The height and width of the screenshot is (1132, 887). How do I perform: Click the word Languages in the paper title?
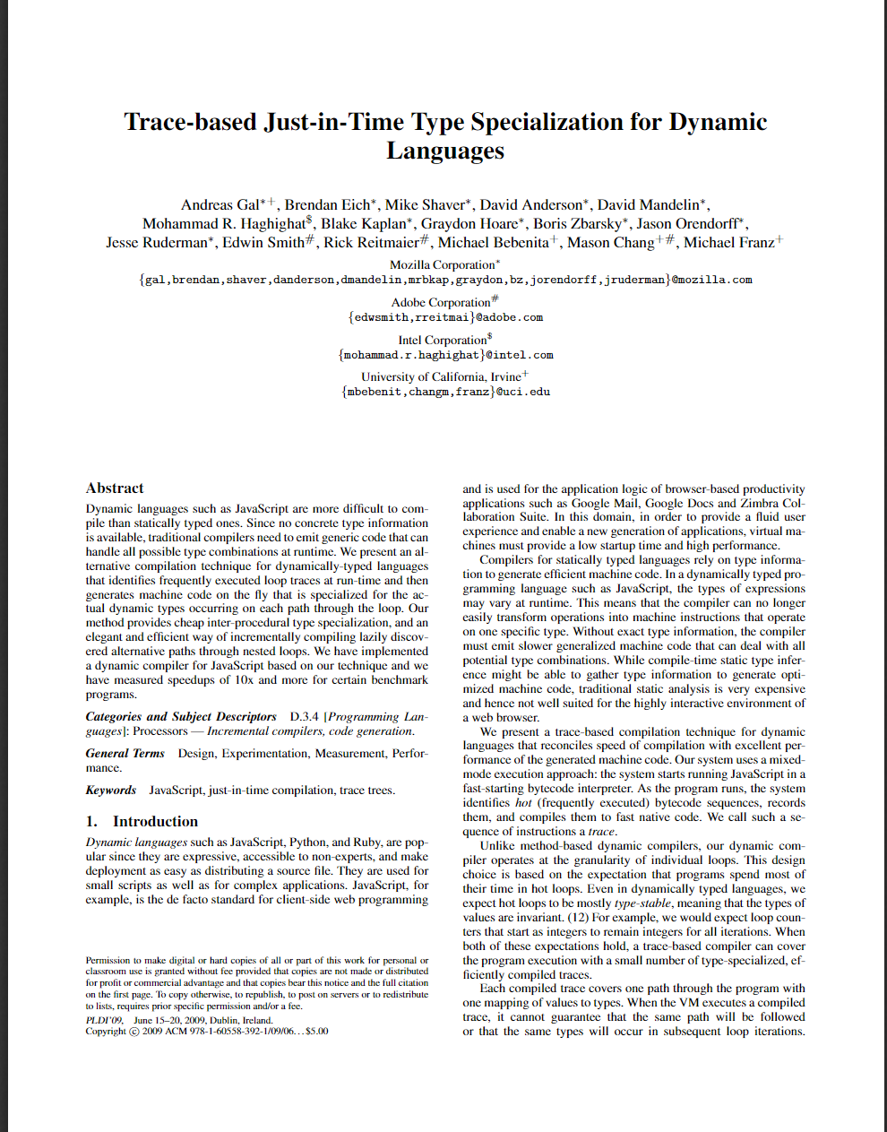(445, 151)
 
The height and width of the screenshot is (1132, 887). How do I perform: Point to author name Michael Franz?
(728, 243)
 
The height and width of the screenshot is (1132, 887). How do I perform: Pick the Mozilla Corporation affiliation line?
(443, 265)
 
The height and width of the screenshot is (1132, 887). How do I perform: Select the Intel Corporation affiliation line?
(443, 341)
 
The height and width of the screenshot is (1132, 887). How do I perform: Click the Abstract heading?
(115, 488)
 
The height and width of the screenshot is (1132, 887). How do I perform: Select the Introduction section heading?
(155, 822)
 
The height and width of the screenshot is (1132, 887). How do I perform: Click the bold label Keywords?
(111, 791)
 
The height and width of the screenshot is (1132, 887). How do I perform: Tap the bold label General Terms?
(125, 754)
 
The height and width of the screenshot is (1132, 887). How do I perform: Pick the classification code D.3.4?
(304, 717)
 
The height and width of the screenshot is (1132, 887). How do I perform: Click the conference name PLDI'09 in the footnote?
(105, 1020)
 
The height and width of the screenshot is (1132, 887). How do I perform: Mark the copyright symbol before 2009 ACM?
(134, 1032)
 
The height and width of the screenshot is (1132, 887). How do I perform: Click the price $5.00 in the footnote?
(317, 1032)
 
